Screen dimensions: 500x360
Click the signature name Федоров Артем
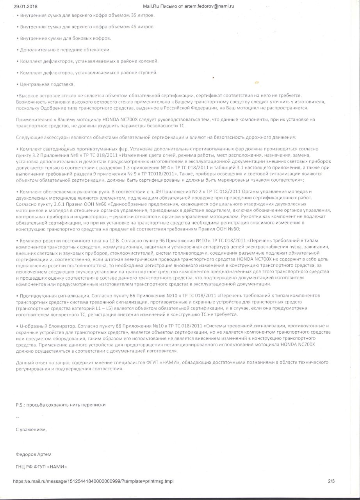coord(33,455)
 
